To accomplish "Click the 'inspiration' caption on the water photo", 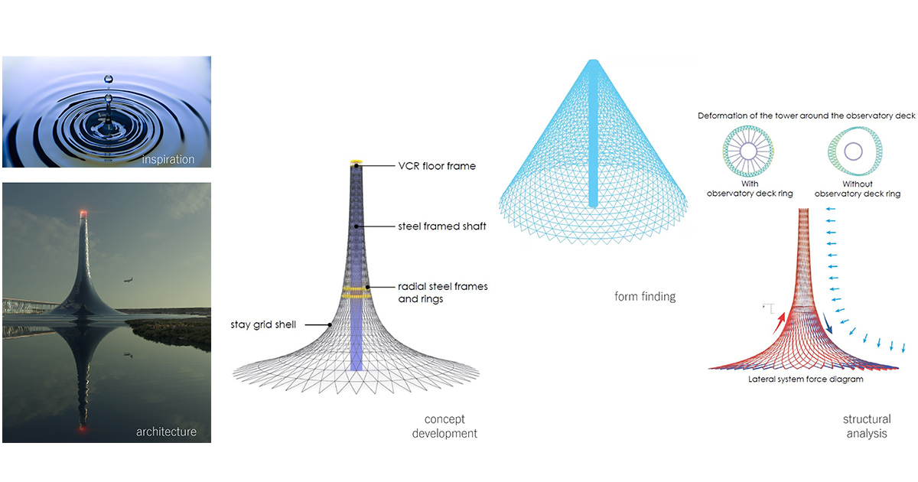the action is (x=168, y=159).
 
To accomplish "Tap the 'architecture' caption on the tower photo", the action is (x=166, y=432).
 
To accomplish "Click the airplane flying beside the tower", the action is (x=129, y=280).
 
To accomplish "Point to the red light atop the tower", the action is (x=83, y=213).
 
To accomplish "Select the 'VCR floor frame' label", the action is (x=437, y=166).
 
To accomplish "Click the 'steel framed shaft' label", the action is (x=442, y=226).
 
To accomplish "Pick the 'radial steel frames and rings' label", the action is (x=443, y=292).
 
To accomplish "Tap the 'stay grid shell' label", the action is (x=263, y=324).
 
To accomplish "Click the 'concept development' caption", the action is (x=444, y=426).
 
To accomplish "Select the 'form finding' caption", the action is (x=645, y=296).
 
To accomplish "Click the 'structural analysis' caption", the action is (x=867, y=426).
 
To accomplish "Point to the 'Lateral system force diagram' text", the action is (x=806, y=379).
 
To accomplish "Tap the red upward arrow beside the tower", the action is (x=779, y=323).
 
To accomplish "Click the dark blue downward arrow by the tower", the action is (x=828, y=324).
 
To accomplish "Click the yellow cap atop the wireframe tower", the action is (x=356, y=162).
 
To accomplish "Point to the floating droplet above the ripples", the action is (x=108, y=79).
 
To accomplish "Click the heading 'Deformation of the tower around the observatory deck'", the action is (x=806, y=116).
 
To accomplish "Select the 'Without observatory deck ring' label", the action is (x=858, y=189).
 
